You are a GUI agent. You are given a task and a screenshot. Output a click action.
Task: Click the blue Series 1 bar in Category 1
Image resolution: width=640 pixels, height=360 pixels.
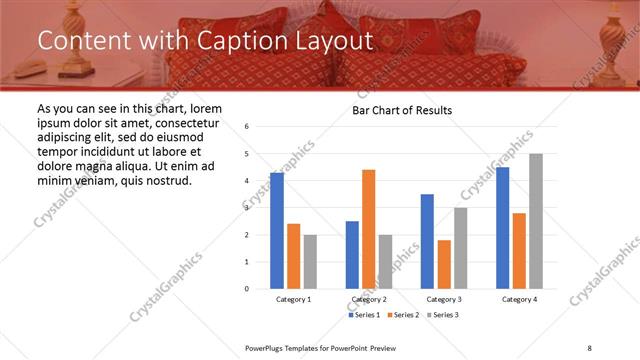coord(276,231)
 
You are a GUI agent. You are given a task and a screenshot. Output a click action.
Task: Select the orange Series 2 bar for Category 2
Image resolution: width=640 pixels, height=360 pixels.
coord(368,229)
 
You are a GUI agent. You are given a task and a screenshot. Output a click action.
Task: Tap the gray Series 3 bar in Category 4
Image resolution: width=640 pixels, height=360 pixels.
coord(536,221)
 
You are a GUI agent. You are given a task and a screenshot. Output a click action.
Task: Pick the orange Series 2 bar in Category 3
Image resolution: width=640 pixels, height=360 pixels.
coord(443,264)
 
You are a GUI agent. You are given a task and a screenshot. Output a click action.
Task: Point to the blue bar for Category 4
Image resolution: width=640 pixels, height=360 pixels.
coord(502,228)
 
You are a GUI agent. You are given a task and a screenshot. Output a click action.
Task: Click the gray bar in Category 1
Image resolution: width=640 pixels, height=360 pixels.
coord(310,262)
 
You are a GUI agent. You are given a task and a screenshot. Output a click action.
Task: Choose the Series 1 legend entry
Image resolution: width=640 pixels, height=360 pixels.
coord(365,315)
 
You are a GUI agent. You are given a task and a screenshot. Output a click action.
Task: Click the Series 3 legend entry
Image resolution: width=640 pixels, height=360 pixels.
coord(445,315)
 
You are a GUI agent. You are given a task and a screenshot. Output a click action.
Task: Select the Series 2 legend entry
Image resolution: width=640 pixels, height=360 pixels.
coord(405,315)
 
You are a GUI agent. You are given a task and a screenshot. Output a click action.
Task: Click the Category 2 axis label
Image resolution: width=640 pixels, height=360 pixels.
coord(368,299)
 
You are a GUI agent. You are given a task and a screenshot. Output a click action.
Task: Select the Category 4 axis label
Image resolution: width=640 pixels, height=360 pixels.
coord(519,299)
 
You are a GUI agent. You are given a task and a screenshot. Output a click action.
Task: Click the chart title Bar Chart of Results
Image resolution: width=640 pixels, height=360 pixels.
coord(402,110)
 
